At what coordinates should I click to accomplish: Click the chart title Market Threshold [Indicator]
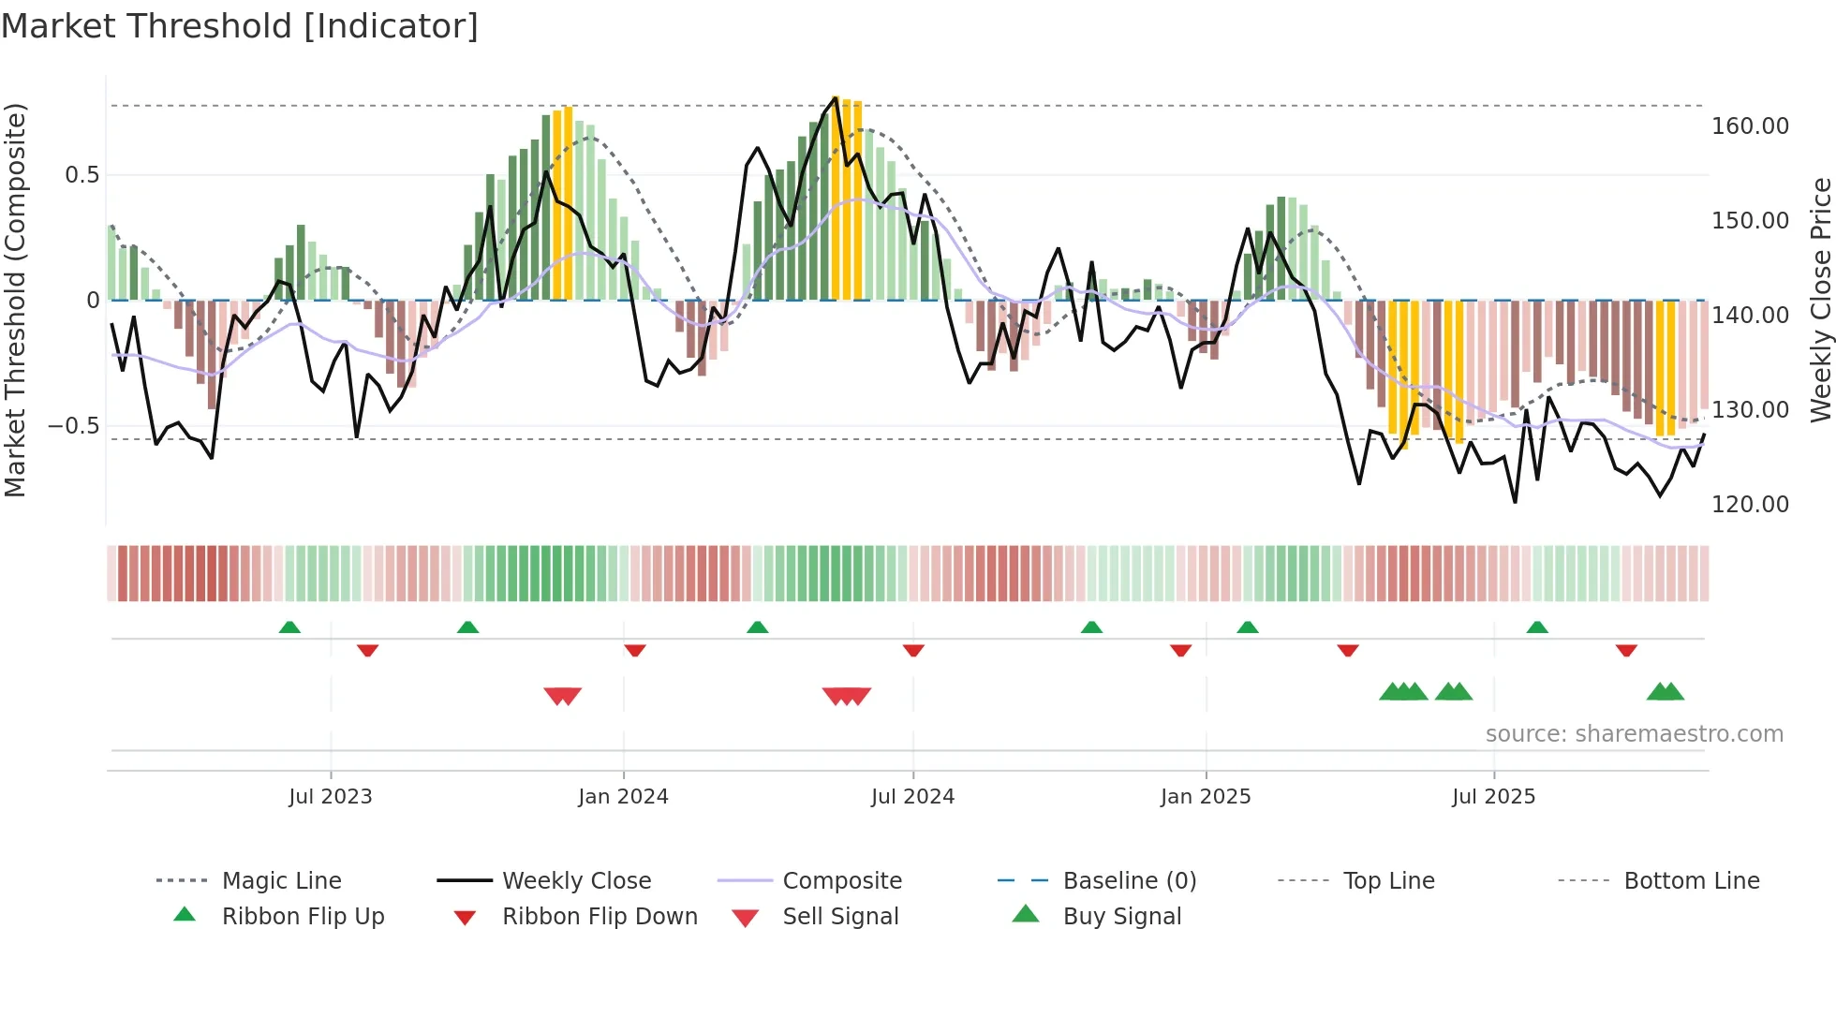pos(240,26)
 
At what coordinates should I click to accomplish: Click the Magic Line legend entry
pos(281,881)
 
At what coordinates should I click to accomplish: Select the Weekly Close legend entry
pos(576,881)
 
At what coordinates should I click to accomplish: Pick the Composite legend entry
pos(841,881)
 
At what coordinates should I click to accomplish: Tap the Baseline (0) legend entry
pos(1129,881)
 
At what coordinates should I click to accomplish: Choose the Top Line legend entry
pos(1388,881)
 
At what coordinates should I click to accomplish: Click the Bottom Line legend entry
pos(1691,881)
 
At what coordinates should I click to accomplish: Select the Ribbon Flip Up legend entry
pos(303,917)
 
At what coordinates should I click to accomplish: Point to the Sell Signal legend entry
pos(840,917)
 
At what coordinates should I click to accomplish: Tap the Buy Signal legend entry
pos(1121,917)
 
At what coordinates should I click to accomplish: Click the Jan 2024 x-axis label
pos(623,797)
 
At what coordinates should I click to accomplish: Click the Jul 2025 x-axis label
pos(1493,797)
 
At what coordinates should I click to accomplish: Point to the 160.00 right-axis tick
pos(1750,126)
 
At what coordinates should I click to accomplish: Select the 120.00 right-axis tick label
pos(1750,505)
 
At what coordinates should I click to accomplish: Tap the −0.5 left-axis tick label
pos(73,426)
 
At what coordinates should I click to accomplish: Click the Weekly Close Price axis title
pos(1820,300)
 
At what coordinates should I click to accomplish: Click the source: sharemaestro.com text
pos(1634,734)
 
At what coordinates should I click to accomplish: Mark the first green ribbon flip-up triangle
pos(289,627)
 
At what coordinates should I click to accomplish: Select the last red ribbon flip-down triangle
pos(1626,650)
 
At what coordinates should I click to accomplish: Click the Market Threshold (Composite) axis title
pos(15,300)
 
